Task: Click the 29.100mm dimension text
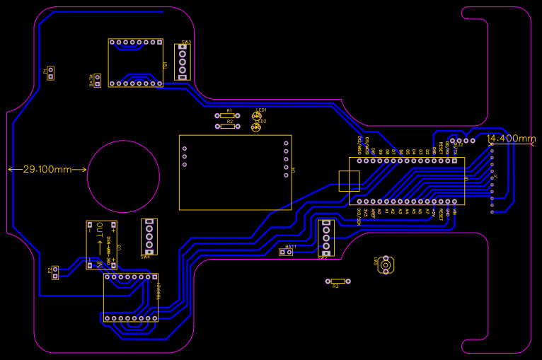47,170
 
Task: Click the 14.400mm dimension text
512,139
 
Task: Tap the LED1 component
256,116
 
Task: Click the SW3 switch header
183,62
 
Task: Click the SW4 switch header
149,236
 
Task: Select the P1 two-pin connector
50,73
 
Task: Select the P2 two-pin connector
55,272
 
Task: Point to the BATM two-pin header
97,80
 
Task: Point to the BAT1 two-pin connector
286,252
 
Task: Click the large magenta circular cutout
123,176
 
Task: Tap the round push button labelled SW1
385,265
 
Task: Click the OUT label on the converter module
100,229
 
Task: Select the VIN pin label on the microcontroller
456,211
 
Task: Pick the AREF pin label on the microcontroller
373,213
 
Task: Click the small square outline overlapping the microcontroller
349,180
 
